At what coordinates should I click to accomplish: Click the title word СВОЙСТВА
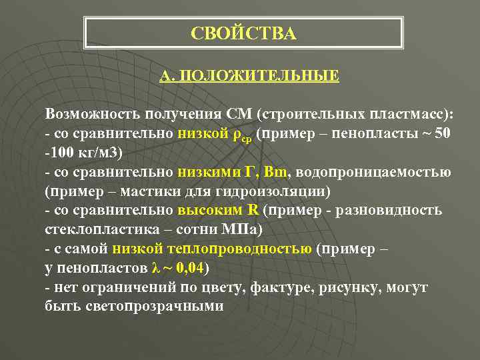pos(243,33)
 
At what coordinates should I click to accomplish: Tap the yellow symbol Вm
pos(275,172)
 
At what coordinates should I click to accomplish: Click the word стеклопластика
pos(95,230)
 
